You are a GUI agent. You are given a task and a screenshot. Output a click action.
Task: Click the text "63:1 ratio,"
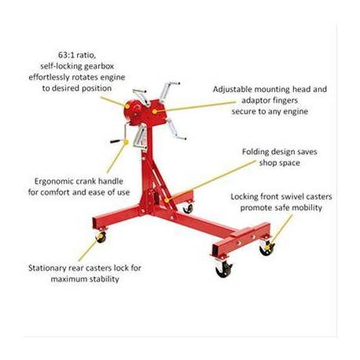[x=77, y=55]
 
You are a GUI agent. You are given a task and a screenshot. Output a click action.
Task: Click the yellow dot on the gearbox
[x=127, y=106]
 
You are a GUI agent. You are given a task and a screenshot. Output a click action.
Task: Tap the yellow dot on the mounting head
[x=155, y=112]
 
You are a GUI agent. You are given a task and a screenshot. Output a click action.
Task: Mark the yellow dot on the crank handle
[x=126, y=142]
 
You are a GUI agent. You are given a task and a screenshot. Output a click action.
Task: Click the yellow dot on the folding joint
[x=167, y=200]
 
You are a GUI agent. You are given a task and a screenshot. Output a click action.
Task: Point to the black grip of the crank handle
[x=116, y=141]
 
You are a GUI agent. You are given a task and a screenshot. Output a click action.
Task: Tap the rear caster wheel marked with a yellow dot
[x=101, y=237]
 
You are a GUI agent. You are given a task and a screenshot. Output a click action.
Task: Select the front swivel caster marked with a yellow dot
[x=267, y=248]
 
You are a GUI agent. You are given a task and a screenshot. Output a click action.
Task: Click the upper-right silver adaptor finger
[x=168, y=90]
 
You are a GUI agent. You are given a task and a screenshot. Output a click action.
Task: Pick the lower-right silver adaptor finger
[x=176, y=130]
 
